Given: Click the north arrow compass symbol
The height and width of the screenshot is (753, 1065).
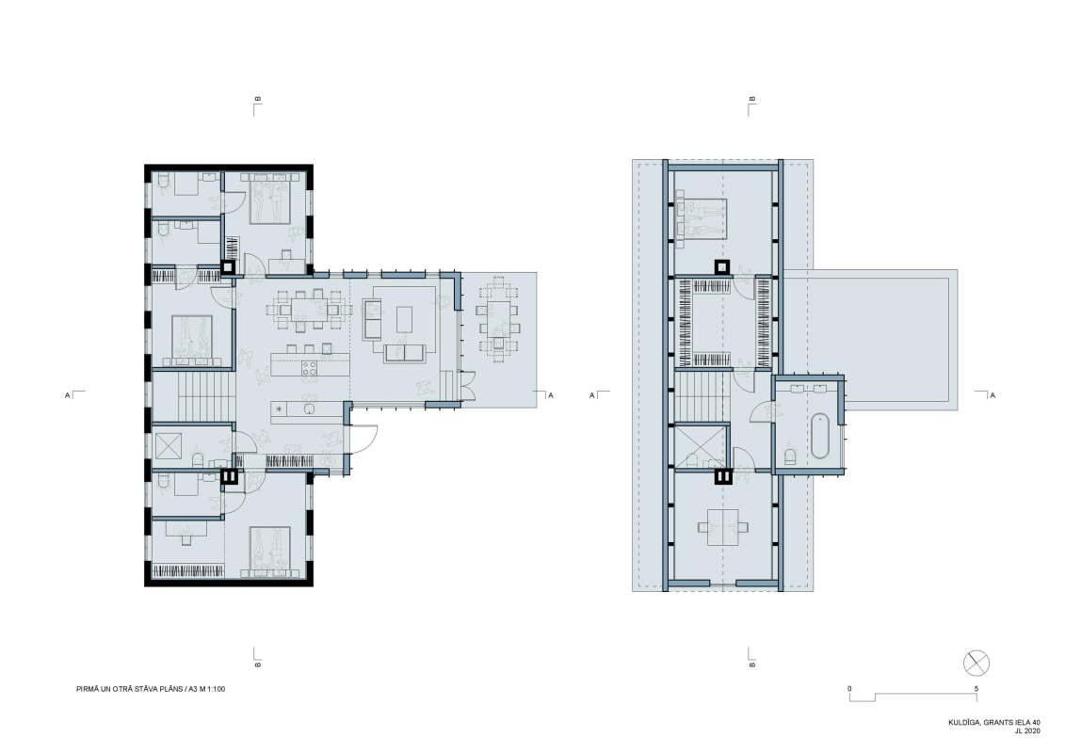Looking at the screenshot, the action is click(976, 663).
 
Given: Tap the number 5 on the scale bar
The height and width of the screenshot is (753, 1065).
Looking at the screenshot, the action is click(976, 688).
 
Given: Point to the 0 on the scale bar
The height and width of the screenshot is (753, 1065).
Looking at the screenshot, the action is click(849, 688).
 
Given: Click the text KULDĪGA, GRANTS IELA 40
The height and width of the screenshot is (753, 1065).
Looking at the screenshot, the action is click(994, 723).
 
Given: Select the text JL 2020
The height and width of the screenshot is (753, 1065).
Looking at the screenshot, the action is click(1027, 731).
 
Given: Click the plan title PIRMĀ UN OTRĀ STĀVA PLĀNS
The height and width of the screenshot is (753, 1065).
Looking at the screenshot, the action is click(130, 689).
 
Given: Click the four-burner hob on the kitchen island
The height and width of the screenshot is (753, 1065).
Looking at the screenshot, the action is click(310, 368).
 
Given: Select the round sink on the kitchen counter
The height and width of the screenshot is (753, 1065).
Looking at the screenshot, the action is click(309, 409).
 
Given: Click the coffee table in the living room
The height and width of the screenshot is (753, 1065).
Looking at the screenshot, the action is click(404, 319).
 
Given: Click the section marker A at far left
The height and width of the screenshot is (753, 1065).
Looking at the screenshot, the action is click(67, 395).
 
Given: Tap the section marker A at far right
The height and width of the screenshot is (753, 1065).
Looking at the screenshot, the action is click(992, 395).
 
